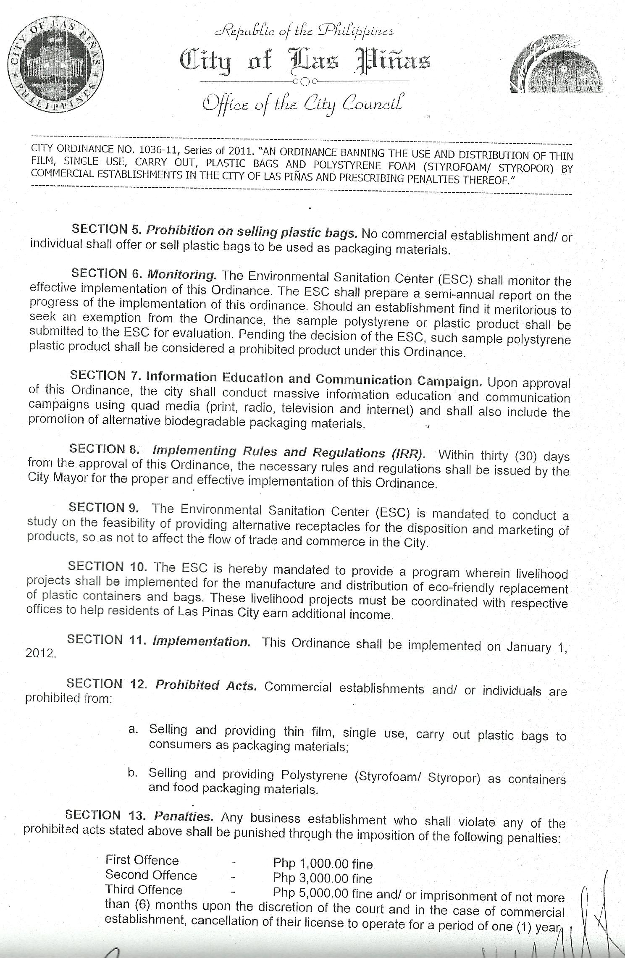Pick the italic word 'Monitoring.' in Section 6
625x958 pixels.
[181, 275]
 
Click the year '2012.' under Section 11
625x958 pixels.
[41, 654]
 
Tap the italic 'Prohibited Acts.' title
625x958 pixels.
[206, 685]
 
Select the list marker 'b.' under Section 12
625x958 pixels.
[133, 772]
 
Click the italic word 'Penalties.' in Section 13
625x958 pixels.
[184, 816]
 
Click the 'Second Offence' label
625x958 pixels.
[151, 875]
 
